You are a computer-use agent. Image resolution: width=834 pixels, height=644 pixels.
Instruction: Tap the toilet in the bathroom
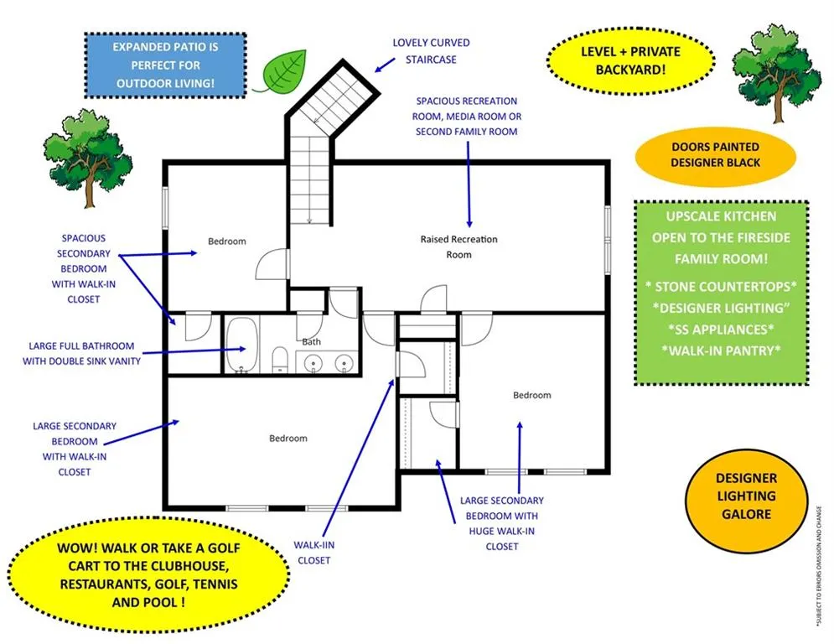tap(280, 360)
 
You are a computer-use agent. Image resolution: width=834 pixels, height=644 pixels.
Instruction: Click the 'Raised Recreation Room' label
tap(459, 247)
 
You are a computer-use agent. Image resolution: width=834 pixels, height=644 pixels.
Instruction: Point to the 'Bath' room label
tap(312, 341)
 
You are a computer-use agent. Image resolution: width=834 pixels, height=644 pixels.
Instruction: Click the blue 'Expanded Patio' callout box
tap(165, 65)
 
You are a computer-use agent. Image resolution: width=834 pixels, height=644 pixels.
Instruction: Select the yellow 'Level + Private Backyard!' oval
tap(631, 60)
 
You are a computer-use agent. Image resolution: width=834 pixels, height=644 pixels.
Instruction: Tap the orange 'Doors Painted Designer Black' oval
tap(715, 155)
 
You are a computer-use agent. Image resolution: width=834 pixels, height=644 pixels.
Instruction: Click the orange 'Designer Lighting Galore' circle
tap(746, 496)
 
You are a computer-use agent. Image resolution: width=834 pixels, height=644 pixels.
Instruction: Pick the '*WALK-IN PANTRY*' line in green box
tap(721, 351)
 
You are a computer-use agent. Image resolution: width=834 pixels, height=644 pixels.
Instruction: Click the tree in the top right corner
tap(776, 73)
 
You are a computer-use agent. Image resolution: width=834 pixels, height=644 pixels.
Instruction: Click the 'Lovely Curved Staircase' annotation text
tap(432, 51)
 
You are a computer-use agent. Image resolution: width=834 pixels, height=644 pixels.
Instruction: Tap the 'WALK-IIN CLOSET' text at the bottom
tap(313, 553)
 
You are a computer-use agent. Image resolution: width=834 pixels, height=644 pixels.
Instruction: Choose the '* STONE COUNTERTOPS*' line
tap(721, 286)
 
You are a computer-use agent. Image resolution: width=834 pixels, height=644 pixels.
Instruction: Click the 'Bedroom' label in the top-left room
tap(227, 241)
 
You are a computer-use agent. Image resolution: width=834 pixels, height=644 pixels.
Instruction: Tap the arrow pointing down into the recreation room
tap(469, 184)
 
